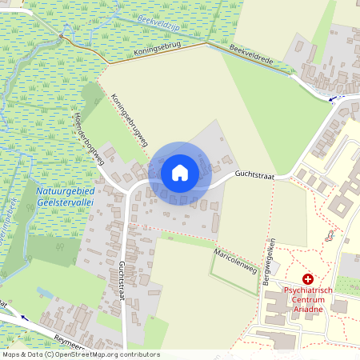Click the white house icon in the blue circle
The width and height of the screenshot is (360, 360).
pos(180,173)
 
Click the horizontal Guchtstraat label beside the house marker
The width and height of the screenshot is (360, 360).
pos(254,174)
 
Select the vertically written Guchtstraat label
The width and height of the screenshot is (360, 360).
pos(122,280)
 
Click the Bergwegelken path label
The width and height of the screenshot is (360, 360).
pos(271,258)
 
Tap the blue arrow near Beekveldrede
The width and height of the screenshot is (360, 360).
pos(333,98)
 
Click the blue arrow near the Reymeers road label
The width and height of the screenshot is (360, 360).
pos(22,318)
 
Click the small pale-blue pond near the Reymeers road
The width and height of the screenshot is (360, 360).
pos(43,293)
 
